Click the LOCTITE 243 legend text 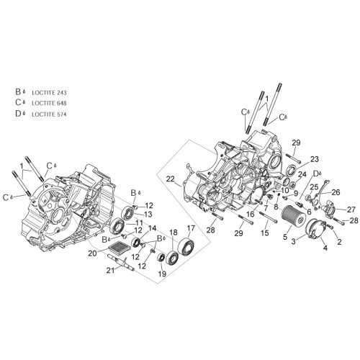pos(49,93)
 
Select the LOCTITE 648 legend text pos(49,104)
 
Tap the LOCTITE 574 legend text pos(49,114)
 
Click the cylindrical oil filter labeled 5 pos(294,215)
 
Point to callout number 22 pos(170,179)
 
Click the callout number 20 pos(92,253)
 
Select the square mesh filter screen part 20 pos(117,247)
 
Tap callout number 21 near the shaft pos(111,271)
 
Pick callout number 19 pos(162,274)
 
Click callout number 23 pos(314,159)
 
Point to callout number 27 pos(351,210)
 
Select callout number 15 pos(265,233)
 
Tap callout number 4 pos(325,248)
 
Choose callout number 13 pos(148,215)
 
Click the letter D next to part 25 pos(316,174)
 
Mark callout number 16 pos(250,214)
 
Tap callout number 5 pos(285,237)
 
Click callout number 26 pos(336,192)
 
